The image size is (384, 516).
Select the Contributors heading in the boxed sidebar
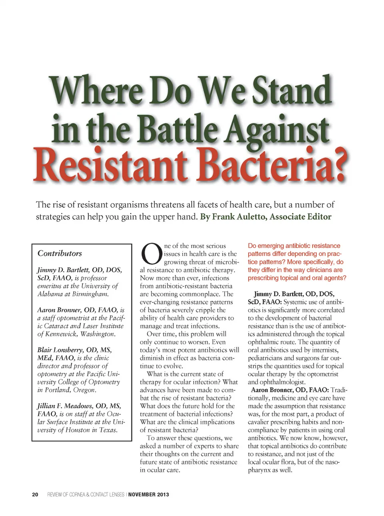point(60,253)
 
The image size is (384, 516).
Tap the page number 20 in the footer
point(35,494)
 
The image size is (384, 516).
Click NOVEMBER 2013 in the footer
point(148,494)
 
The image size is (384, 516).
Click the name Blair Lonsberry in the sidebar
point(66,350)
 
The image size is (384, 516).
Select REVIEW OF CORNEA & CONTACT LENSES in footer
point(86,494)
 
